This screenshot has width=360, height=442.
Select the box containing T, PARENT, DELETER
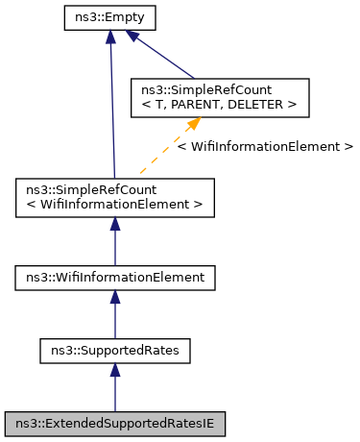(220, 98)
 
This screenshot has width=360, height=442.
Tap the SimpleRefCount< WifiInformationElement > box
(114, 196)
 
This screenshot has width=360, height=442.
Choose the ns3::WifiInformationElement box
(114, 278)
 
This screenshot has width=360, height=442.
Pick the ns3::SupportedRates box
(114, 351)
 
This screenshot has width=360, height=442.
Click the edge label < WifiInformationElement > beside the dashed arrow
(265, 147)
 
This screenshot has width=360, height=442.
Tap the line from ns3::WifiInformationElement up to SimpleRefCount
(114, 245)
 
